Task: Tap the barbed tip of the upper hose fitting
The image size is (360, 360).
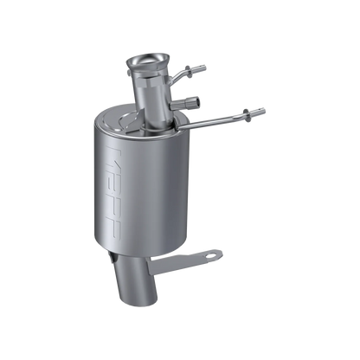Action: click(203, 66)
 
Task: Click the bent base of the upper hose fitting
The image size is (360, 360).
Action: click(176, 80)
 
